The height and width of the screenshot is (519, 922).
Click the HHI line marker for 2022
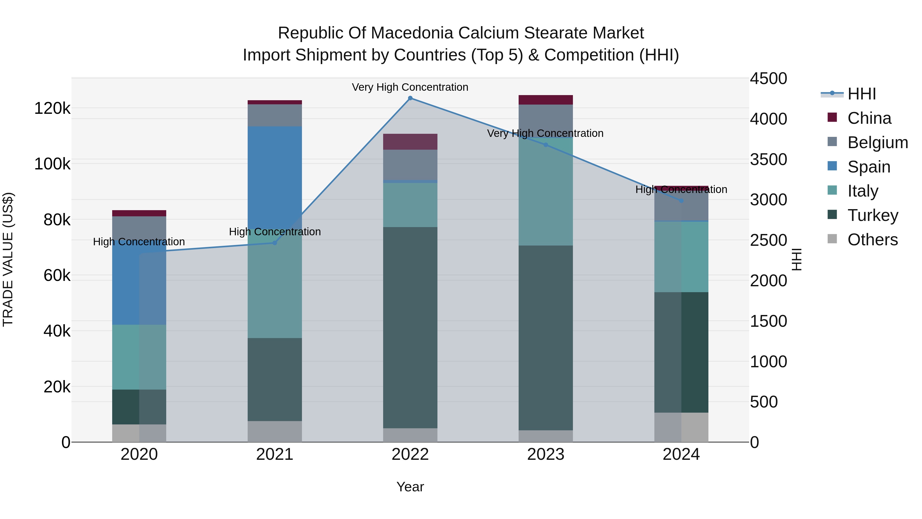coord(410,98)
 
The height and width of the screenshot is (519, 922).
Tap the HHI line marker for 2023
coord(546,145)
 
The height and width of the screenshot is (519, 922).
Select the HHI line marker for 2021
coord(275,243)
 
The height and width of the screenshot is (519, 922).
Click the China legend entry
coord(869,118)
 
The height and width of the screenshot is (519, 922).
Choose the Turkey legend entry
coord(872,215)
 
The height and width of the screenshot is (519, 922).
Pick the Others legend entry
coord(872,240)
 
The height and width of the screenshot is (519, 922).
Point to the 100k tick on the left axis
coord(52,164)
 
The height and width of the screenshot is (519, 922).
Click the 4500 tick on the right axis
coord(768,78)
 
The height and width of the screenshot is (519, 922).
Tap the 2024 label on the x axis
coord(681,454)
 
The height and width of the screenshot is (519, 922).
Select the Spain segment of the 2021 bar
coord(275,177)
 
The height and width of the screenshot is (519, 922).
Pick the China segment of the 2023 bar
coord(546,100)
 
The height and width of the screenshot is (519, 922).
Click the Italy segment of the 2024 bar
coord(681,257)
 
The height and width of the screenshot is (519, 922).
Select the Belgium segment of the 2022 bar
coord(410,165)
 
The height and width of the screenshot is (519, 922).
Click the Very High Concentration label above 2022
coord(410,87)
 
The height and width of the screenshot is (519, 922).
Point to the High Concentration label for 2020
coord(139,242)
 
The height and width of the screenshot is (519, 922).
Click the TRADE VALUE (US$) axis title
coord(8,259)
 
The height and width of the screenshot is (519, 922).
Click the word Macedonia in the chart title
coord(413,33)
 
